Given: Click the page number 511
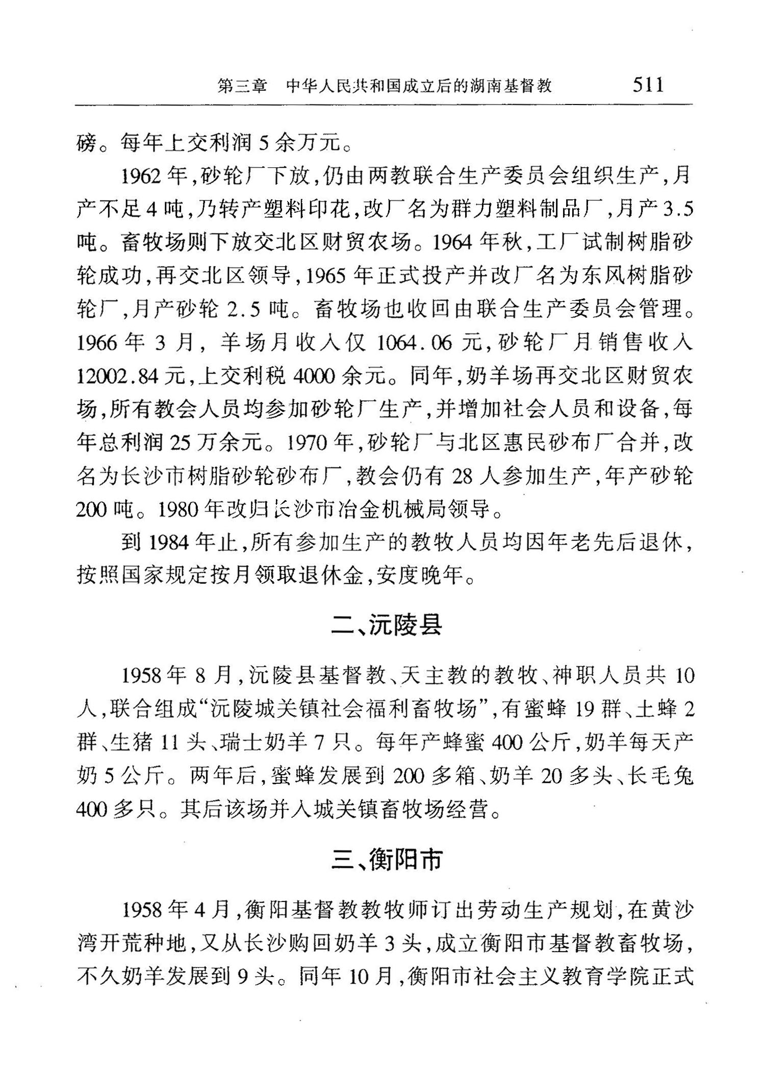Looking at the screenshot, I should click(648, 84).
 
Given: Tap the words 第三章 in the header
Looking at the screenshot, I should click(242, 86).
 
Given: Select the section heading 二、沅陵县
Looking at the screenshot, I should click(386, 625).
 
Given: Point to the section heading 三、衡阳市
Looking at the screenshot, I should click(386, 860).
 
